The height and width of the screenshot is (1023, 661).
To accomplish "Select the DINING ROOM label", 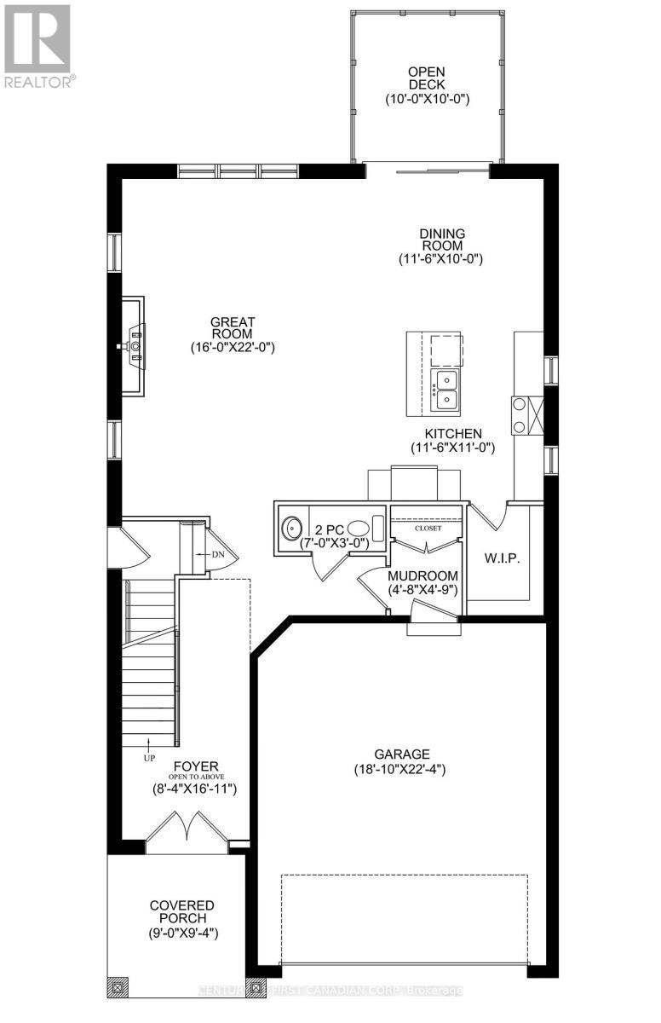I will tap(440, 239).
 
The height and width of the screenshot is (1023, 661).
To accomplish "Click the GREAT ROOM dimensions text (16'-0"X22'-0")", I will tap(233, 347).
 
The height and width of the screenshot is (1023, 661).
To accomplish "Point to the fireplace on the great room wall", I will tap(131, 346).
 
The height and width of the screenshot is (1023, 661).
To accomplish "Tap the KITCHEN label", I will tap(452, 433).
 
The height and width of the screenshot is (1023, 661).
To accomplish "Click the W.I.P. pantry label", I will tap(502, 558).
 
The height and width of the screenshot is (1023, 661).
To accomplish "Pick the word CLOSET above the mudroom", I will tap(428, 529).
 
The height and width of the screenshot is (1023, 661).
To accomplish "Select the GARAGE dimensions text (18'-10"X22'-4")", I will tap(401, 769).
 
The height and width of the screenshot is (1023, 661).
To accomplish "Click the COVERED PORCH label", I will tap(181, 911).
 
